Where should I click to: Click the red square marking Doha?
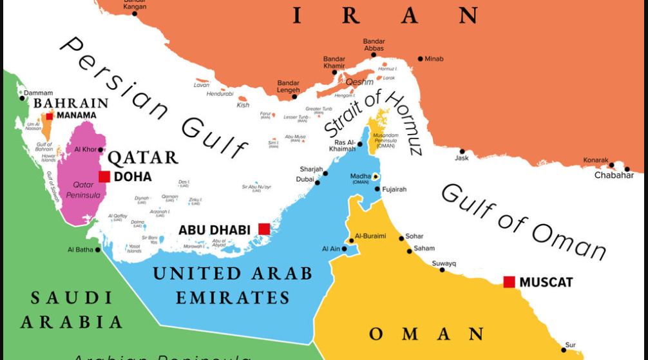(x=104, y=176)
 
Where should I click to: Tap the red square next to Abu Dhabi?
(x=264, y=229)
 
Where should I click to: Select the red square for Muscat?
(x=509, y=281)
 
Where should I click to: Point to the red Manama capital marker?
(x=50, y=116)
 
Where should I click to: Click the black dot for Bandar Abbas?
(x=373, y=55)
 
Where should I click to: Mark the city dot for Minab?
(x=420, y=59)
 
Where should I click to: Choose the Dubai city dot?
(x=318, y=183)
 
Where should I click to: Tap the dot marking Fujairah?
(x=377, y=189)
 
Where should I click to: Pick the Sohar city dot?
(x=401, y=238)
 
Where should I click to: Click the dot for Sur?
(x=564, y=350)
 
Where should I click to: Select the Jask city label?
(x=462, y=158)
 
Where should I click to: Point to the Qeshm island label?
(x=359, y=82)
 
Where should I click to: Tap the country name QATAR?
(x=142, y=158)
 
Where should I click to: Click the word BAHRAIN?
(x=71, y=103)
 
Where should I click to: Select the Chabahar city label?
(x=614, y=175)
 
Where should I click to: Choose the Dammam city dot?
(x=22, y=98)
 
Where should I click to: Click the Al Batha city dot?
(x=98, y=249)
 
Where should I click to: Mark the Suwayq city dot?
(x=442, y=270)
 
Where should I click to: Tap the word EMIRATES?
(x=233, y=298)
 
